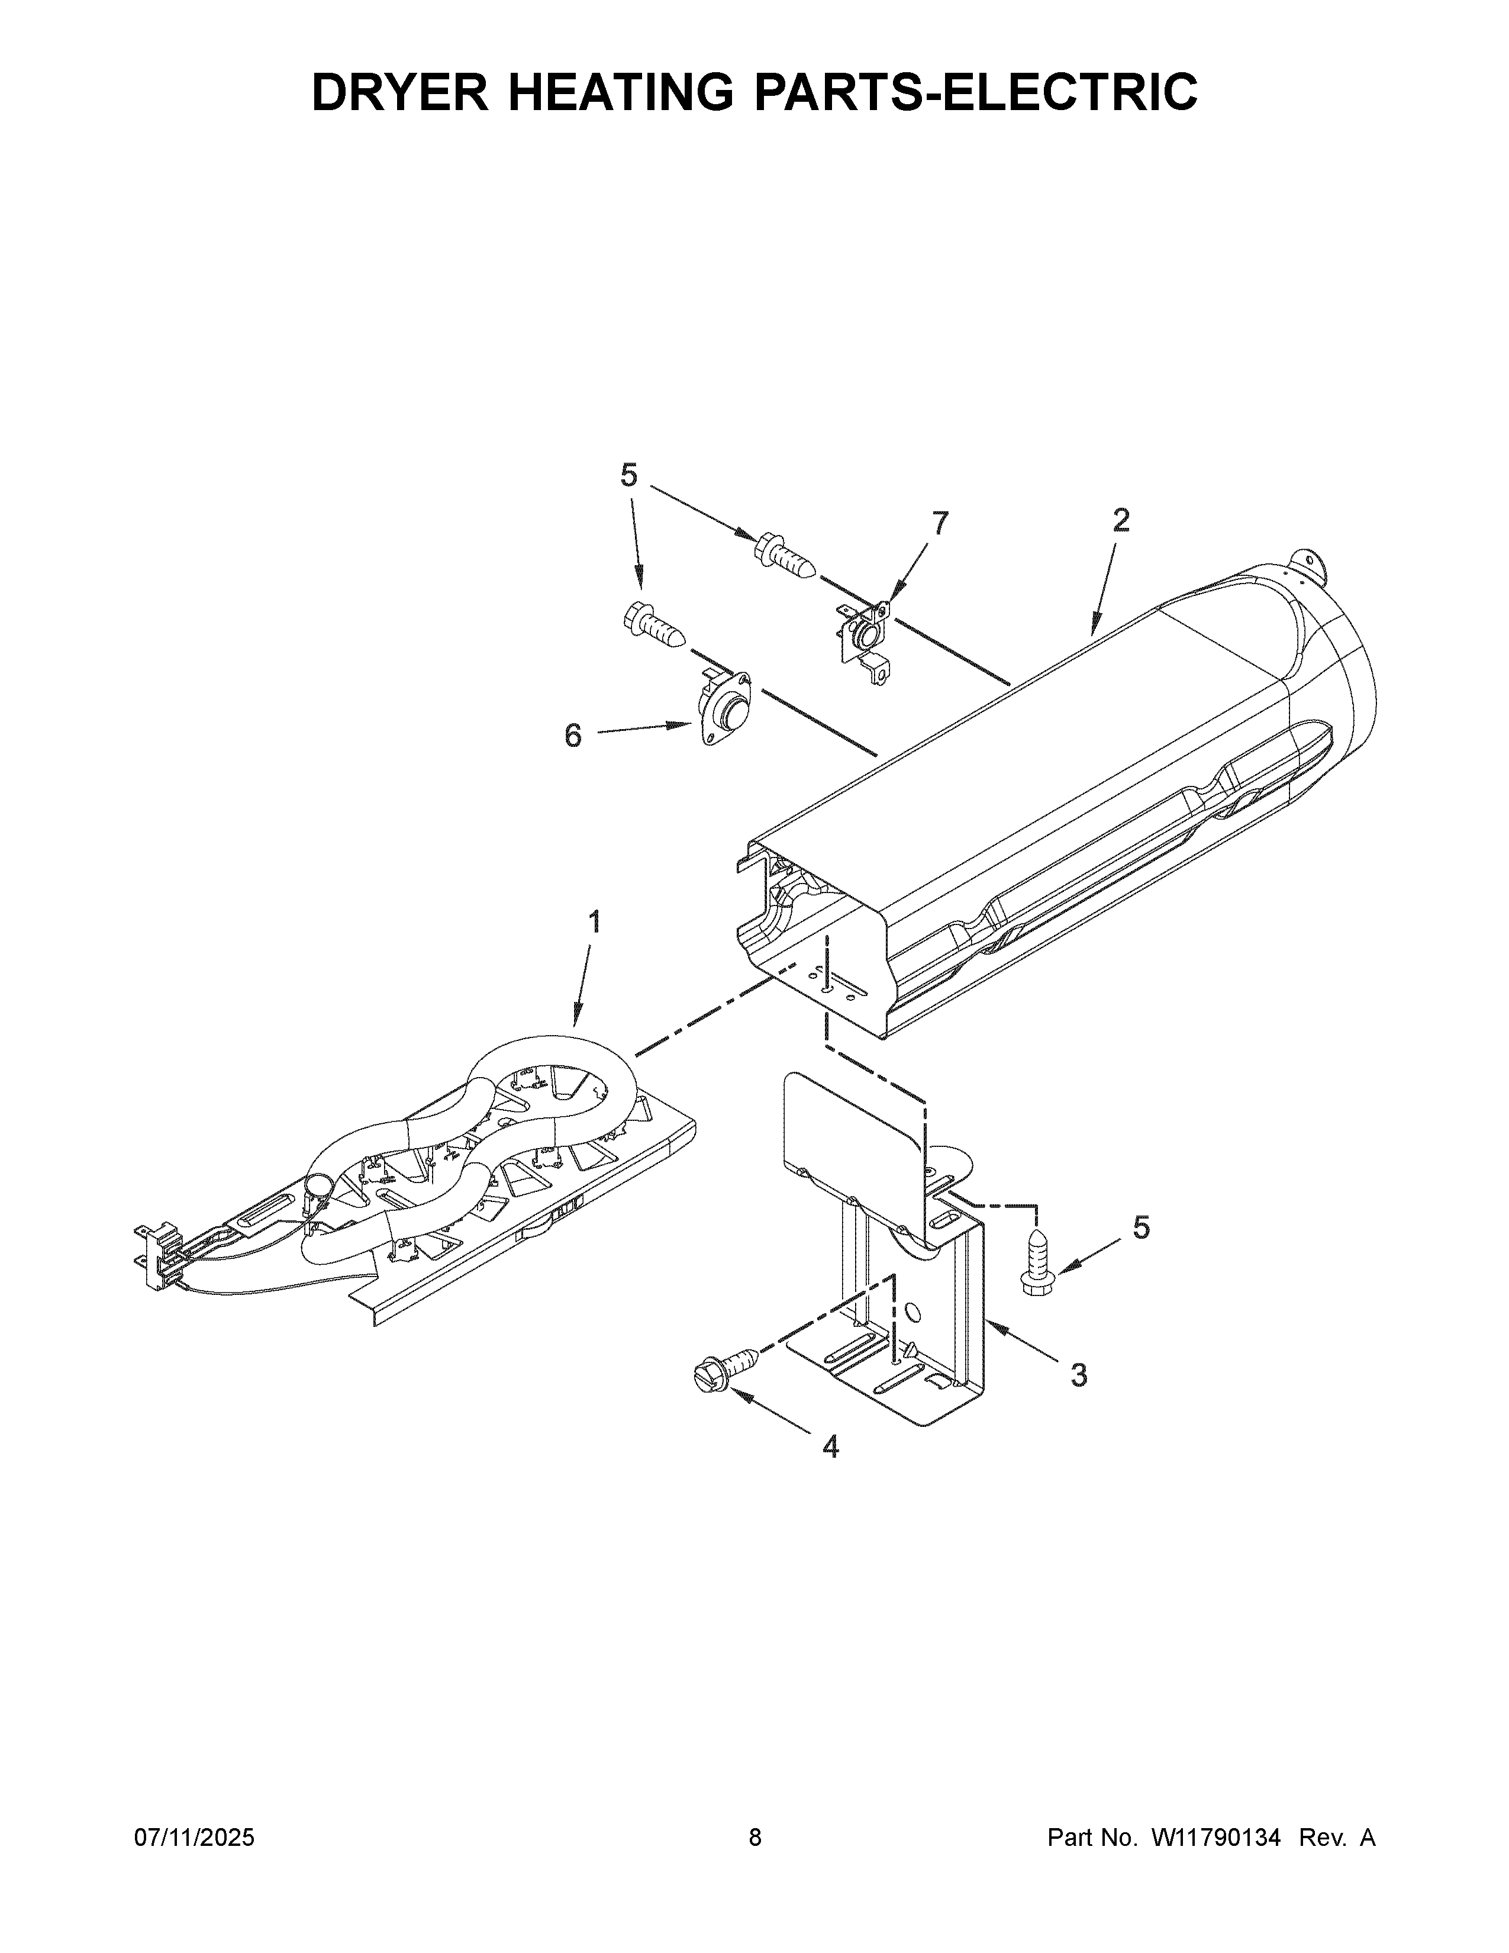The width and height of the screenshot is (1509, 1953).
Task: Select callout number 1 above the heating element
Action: click(x=593, y=922)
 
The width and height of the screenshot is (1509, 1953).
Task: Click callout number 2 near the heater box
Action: click(x=1121, y=520)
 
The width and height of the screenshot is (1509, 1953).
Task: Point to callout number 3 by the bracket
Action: click(x=1079, y=1375)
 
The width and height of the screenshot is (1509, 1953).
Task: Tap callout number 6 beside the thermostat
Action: click(x=573, y=736)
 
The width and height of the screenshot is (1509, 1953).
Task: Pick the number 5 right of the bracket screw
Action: click(x=1142, y=1228)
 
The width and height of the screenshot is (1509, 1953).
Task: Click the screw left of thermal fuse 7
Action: click(x=784, y=555)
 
